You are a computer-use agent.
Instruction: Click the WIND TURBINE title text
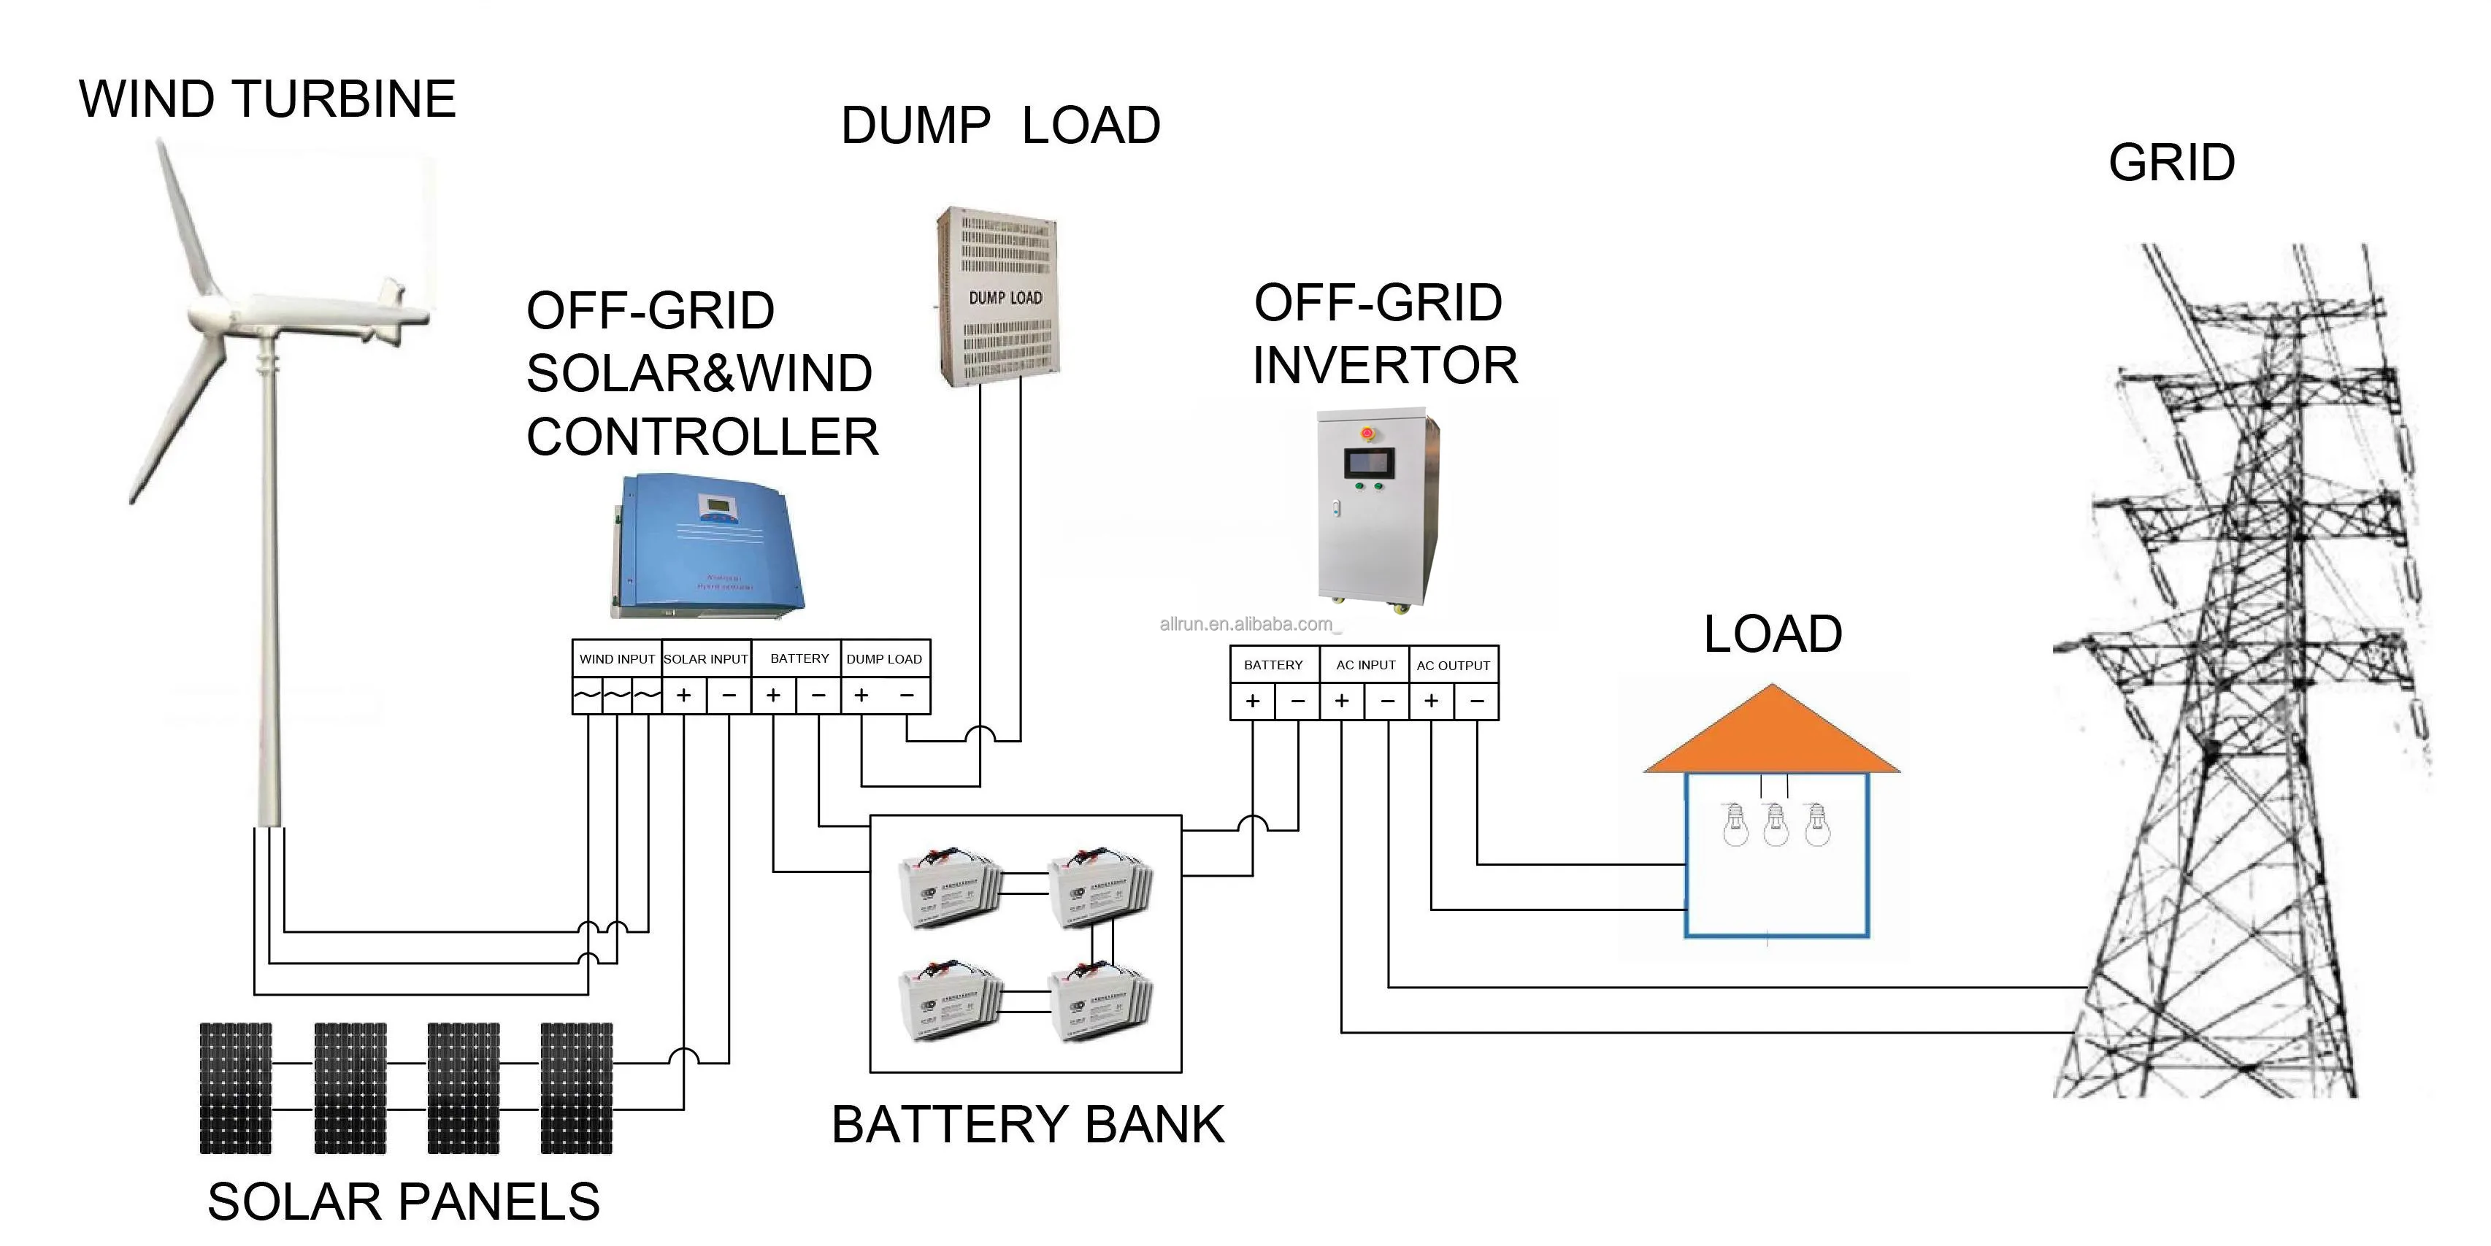pos(267,99)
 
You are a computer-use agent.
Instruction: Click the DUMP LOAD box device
pos(999,297)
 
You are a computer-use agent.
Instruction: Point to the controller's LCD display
pos(715,506)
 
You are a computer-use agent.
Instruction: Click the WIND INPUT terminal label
pos(617,659)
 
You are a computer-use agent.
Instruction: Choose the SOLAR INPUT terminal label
pos(706,659)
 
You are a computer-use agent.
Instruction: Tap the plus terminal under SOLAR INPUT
pos(683,695)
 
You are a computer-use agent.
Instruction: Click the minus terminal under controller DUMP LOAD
pos(907,695)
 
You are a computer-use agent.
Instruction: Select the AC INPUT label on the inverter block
pos(1365,665)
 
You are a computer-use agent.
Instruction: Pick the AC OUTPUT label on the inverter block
pos(1454,666)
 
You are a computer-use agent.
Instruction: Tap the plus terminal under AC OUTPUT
pos(1431,701)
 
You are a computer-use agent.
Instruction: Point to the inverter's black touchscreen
pos(1370,464)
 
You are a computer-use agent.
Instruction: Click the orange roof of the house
pos(1772,734)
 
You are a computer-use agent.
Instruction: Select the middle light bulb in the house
pos(1776,826)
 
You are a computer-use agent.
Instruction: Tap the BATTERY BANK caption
pos(1028,1125)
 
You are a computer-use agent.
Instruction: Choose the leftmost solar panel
pos(236,1088)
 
